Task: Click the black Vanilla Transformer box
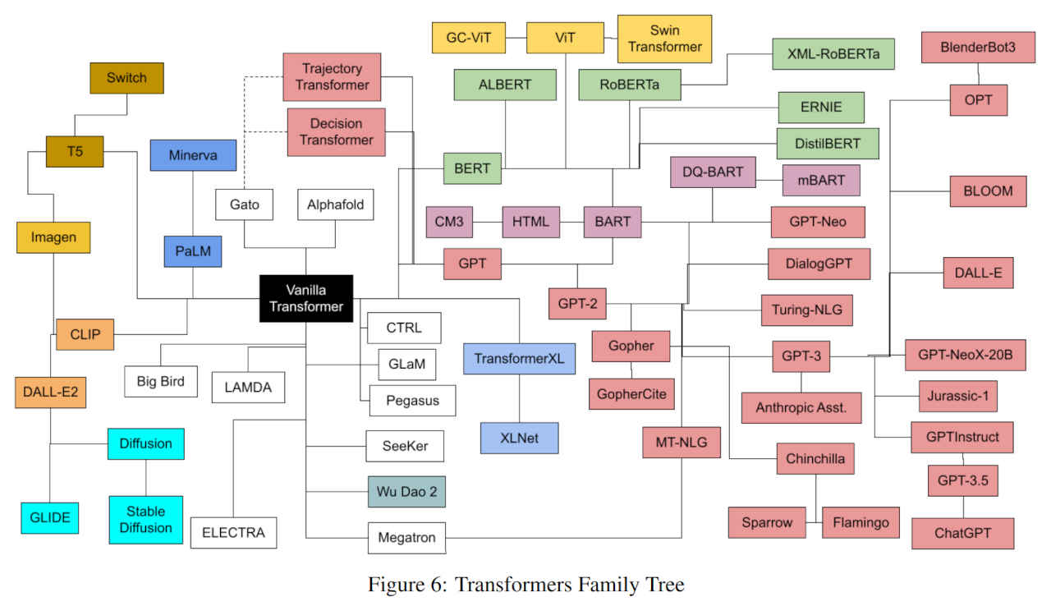tap(306, 298)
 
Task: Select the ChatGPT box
tap(962, 533)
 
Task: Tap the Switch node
tap(126, 78)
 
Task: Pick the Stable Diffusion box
tap(146, 519)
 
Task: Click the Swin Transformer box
tap(664, 39)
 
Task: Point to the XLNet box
tap(518, 438)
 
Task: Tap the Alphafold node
tap(335, 204)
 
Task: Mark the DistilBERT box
tap(827, 144)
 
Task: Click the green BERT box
tap(472, 169)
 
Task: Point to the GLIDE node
tap(50, 517)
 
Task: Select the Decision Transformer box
tap(336, 131)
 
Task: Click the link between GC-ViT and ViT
tap(516, 37)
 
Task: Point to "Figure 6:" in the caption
tap(406, 585)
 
